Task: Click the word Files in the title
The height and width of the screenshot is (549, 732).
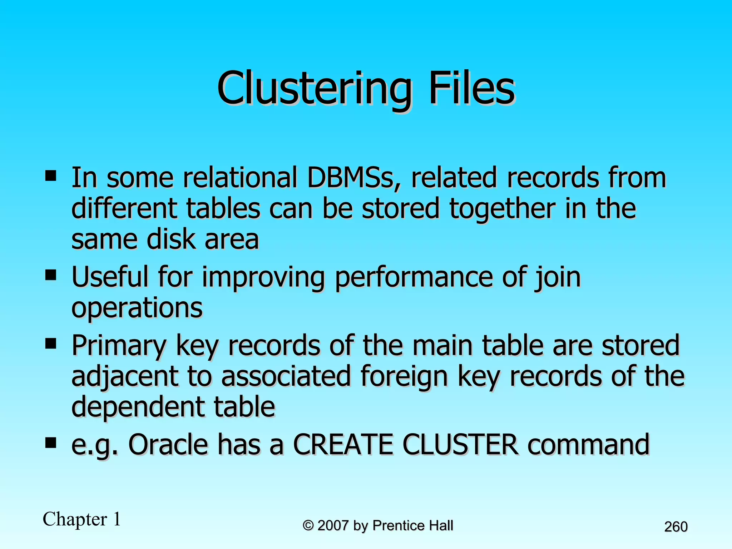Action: point(471,88)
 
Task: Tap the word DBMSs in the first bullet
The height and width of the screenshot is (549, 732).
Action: point(354,178)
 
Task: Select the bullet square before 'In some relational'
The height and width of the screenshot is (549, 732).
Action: point(51,175)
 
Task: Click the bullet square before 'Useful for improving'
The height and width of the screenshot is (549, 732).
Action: point(51,275)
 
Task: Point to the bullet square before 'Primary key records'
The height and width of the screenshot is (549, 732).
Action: point(51,344)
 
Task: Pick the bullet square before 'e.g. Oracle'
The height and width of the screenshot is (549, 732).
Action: point(51,443)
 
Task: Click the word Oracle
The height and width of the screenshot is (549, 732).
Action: point(168,445)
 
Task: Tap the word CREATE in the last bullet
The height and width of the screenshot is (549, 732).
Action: point(343,445)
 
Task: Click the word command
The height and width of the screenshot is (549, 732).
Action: point(588,445)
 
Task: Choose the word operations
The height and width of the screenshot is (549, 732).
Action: point(137,308)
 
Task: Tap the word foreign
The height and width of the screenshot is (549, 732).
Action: point(404,376)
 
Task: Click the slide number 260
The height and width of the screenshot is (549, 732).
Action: point(676,527)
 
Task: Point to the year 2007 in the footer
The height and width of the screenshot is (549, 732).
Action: point(333,525)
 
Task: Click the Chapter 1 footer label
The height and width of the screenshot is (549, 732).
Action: point(82,519)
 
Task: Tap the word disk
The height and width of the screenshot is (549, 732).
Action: point(171,239)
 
